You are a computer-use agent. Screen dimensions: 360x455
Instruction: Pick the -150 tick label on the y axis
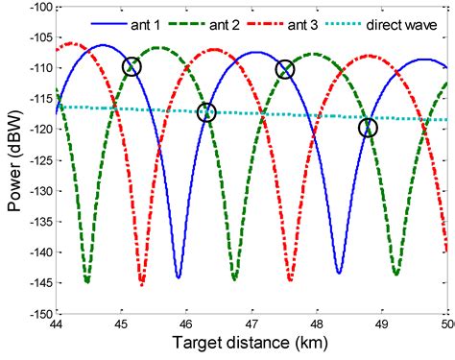[x=40, y=314]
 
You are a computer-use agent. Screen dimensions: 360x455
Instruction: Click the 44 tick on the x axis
[x=60, y=324]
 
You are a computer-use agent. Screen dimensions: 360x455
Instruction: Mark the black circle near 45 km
[x=132, y=66]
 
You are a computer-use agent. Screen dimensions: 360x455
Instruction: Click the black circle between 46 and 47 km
[x=206, y=112]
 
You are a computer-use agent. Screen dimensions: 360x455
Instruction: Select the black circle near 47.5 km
[x=284, y=69]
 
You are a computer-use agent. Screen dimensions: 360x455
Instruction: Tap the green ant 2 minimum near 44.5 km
[x=87, y=281]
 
